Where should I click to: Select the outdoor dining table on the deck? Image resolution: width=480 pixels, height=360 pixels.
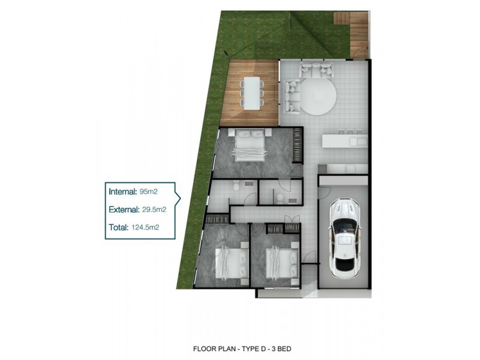coord(251,93)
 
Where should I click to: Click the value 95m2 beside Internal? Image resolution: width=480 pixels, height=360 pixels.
coord(147,192)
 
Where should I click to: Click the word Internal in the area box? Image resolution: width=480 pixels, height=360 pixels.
coord(122,192)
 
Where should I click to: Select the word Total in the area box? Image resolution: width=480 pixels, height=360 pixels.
coord(118,227)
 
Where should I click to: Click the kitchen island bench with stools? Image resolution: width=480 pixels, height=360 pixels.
coord(344,140)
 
